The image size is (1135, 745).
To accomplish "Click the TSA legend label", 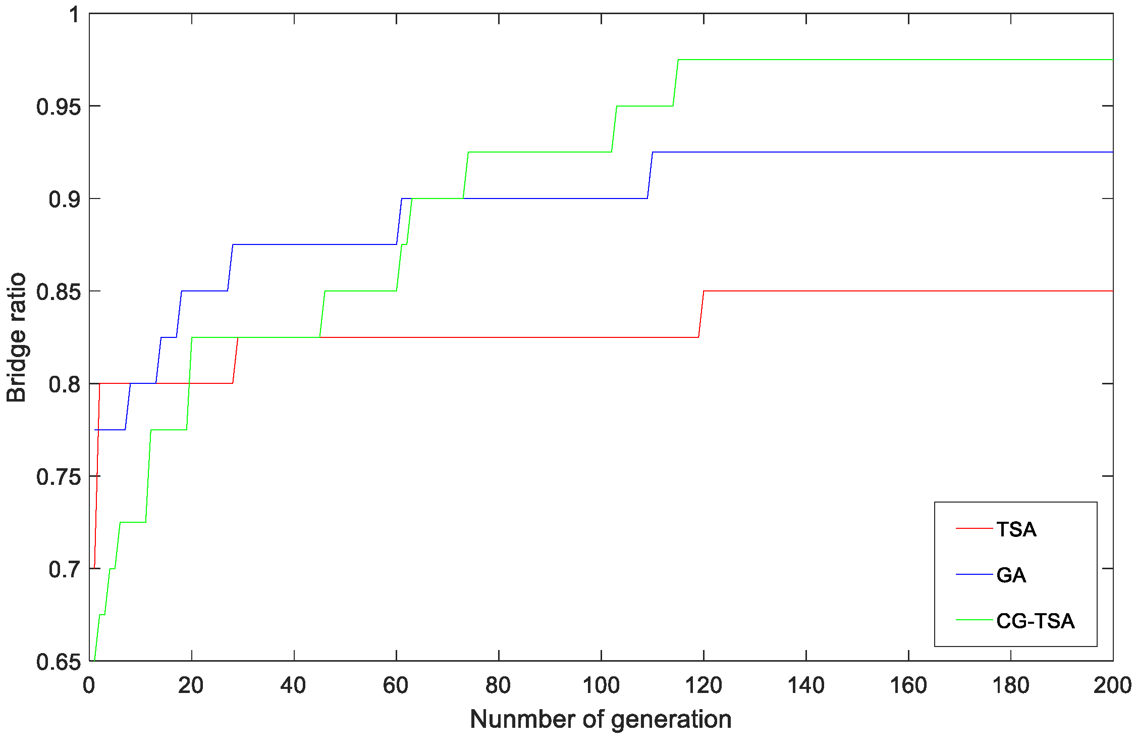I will click(1016, 529).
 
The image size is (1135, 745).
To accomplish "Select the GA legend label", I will click(1011, 575).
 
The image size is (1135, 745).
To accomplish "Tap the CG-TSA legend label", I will click(1035, 621).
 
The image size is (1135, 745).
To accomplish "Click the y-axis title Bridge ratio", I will click(16, 337).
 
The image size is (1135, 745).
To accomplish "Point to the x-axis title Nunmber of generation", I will click(601, 719).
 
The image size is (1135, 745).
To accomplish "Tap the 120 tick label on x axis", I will click(703, 685).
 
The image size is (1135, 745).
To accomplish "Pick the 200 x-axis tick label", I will click(1112, 685).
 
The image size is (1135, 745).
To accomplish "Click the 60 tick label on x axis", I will click(396, 685).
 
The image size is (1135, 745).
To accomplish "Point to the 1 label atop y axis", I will click(75, 15).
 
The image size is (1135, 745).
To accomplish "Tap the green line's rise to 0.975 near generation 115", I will click(676, 83).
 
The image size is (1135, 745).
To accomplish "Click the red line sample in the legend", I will click(974, 528).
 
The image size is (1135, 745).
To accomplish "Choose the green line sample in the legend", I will click(974, 620).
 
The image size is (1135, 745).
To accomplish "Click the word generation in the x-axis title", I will click(671, 719).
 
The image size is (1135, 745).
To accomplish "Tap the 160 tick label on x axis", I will click(908, 685).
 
